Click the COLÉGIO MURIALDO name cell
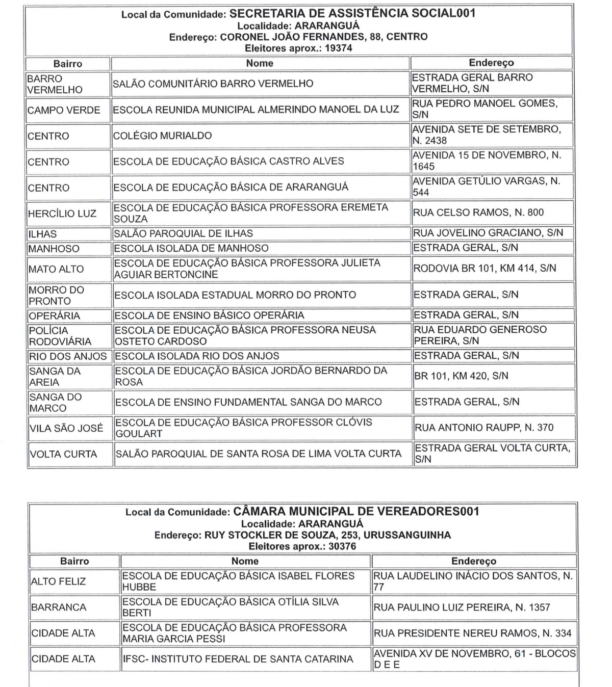(162, 136)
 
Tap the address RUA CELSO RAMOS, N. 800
(478, 213)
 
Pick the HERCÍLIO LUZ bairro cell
(62, 214)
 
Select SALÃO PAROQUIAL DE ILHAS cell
(183, 233)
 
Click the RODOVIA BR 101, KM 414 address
(484, 269)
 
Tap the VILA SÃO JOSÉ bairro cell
(66, 428)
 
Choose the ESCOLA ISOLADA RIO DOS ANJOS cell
(197, 356)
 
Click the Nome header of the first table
(260, 63)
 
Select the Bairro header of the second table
(74, 561)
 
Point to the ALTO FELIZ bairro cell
(58, 582)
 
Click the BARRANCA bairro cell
(59, 607)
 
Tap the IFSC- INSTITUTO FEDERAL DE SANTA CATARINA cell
(238, 659)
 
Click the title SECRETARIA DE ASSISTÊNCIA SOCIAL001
(352, 14)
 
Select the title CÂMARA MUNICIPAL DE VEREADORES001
(356, 511)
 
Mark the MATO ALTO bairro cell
(56, 269)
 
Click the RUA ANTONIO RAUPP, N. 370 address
(484, 428)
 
